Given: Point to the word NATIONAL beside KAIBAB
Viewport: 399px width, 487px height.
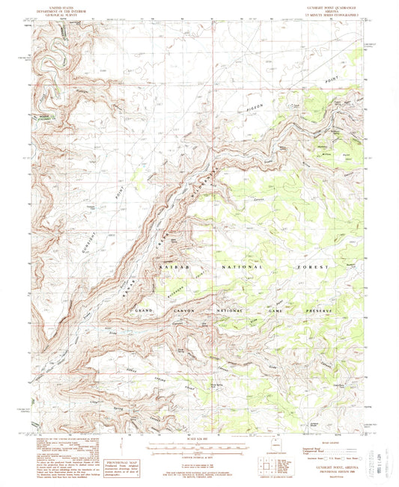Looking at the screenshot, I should [245, 266].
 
